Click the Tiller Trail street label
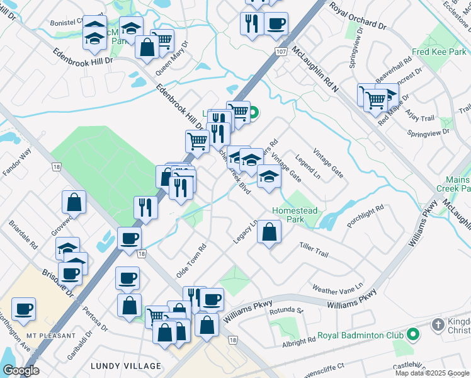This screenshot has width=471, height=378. (314, 249)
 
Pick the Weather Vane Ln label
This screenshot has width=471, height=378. (338, 288)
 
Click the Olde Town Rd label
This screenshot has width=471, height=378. (192, 262)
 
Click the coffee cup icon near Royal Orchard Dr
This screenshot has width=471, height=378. (276, 24)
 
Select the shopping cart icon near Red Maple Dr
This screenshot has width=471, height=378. (375, 98)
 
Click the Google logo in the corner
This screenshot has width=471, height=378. (21, 370)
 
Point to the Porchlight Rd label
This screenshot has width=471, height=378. (365, 217)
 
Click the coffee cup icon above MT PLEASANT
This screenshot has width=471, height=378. (24, 309)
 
